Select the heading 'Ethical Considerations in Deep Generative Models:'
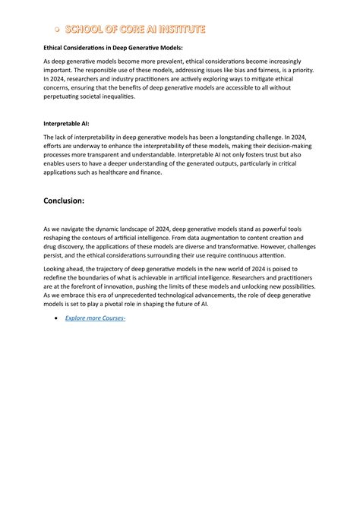[x=112, y=47]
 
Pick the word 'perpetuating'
[x=66, y=97]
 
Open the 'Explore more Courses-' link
[x=94, y=317]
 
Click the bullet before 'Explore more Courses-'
[x=57, y=318]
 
